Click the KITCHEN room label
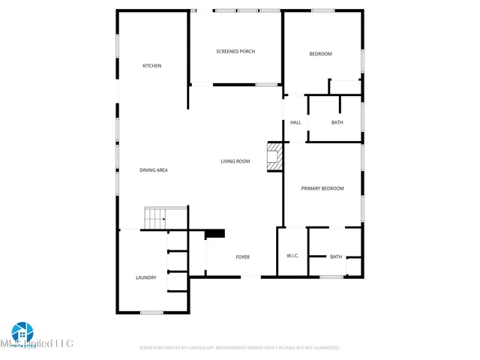coord(152,66)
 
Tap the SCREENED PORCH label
coord(235,51)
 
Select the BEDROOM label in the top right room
coord(321,54)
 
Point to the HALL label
coord(295,122)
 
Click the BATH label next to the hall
coord(337,122)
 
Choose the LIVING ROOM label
coord(235,161)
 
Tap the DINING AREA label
coord(154,170)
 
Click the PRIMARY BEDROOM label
coord(322,188)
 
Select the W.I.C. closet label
coord(292,256)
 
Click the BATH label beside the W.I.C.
coord(336,256)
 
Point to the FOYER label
coord(243,257)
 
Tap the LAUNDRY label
coord(146,277)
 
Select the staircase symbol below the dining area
coord(155,219)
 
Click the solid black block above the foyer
coord(215,233)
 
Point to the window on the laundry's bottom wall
coord(152,312)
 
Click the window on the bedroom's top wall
coord(323,10)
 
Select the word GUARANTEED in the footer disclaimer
coord(324,348)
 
